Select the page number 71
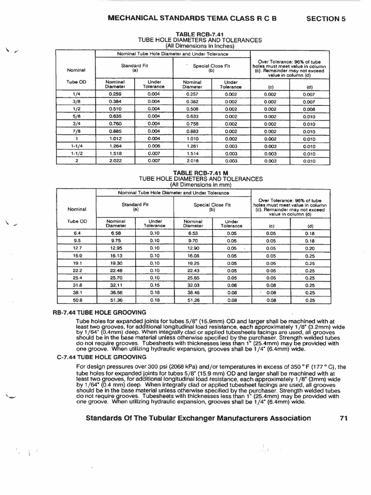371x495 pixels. (343, 418)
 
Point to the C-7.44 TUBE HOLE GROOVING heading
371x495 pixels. (99, 357)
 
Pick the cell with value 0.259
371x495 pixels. (115, 94)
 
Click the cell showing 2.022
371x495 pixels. (115, 161)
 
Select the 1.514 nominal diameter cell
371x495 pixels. (193, 154)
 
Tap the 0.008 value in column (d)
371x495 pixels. (309, 109)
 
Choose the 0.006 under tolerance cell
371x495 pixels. (154, 146)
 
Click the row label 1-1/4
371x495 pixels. (76, 146)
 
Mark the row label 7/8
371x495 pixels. (76, 131)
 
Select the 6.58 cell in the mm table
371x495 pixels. (115, 233)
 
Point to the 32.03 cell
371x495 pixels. (193, 285)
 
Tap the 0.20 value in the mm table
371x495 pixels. (310, 248)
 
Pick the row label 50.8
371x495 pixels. (76, 300)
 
